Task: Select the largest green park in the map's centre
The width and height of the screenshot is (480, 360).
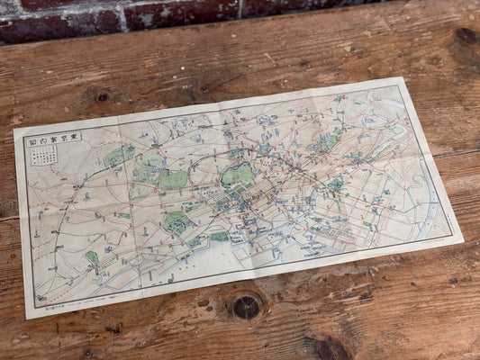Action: (237, 175)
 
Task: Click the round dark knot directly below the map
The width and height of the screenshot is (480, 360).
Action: (246, 307)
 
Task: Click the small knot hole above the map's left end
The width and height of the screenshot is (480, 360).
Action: (102, 96)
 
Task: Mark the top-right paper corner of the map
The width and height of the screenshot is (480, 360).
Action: (399, 79)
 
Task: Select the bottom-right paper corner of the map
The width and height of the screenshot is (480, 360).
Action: (462, 241)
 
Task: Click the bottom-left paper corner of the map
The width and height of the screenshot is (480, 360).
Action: (28, 317)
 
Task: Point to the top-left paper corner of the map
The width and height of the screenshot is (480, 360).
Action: (14, 130)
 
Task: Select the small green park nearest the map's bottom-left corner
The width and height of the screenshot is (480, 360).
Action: (92, 258)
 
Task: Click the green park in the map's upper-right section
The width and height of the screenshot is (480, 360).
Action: (327, 141)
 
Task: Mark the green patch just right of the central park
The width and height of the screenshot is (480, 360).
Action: (336, 184)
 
